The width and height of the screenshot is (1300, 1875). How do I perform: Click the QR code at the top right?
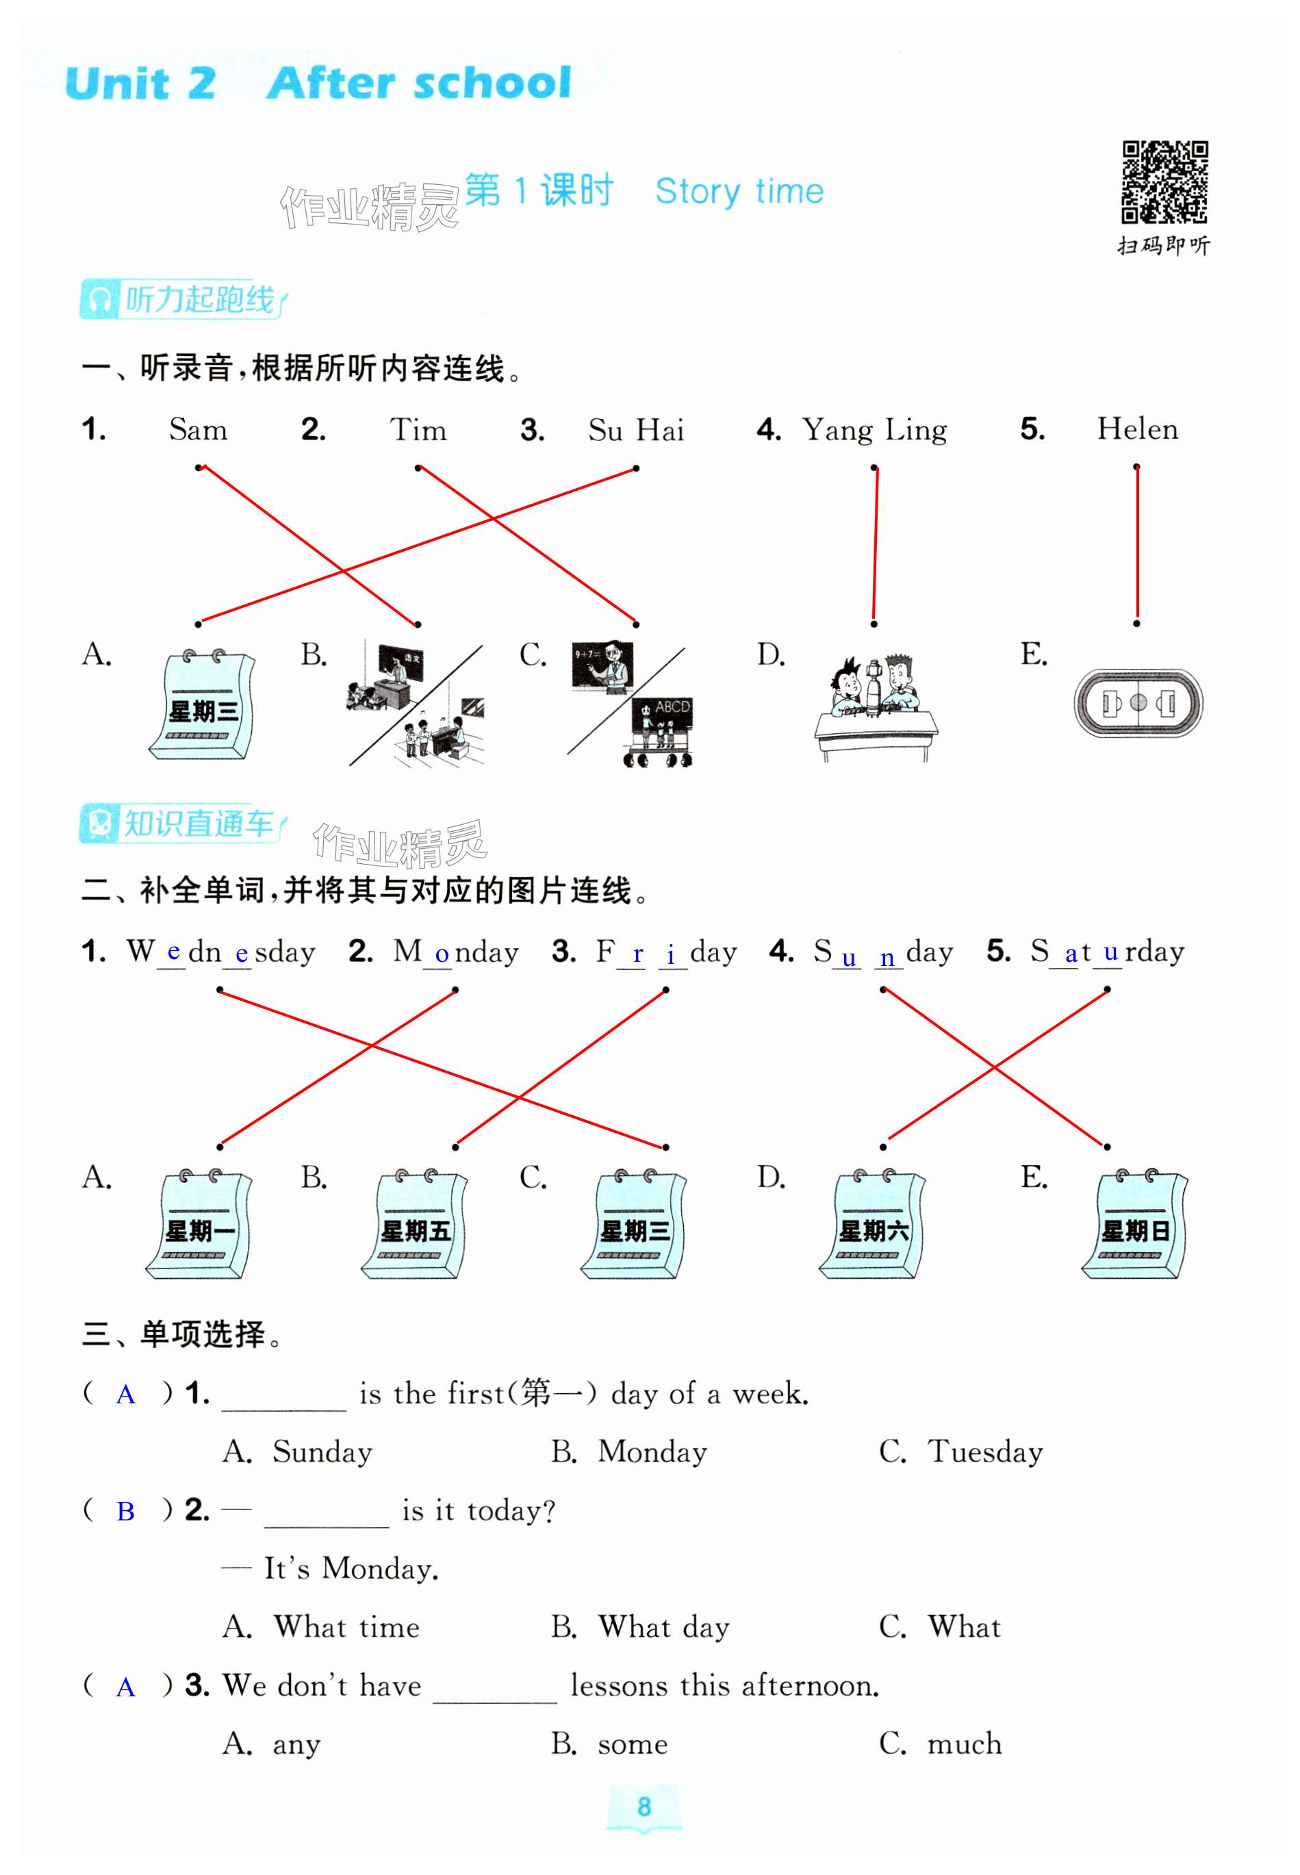[1164, 183]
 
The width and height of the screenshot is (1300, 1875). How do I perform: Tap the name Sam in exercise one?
[198, 429]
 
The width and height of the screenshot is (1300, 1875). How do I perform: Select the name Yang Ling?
[874, 429]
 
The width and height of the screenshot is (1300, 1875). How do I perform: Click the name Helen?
[1137, 429]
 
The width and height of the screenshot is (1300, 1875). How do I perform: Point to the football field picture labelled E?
[1138, 702]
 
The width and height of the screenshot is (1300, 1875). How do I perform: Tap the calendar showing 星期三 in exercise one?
[202, 704]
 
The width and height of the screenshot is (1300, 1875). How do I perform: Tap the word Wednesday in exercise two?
[220, 952]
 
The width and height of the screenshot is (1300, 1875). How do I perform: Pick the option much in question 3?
[965, 1743]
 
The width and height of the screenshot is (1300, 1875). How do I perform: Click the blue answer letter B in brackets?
[125, 1512]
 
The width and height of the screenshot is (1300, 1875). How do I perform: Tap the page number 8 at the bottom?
[644, 1807]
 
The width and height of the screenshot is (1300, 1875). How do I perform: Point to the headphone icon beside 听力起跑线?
[99, 300]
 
